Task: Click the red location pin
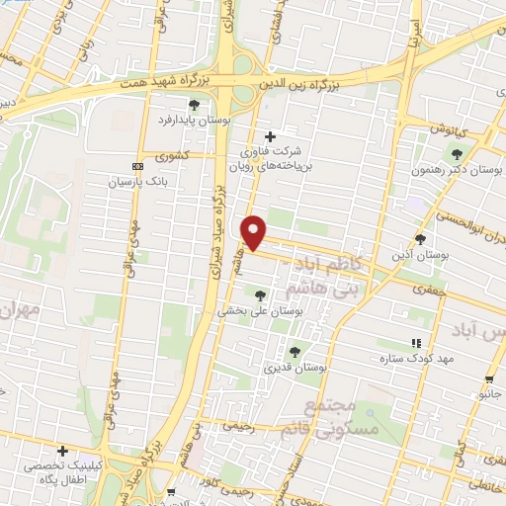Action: coord(254,231)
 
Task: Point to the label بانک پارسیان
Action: coord(133,183)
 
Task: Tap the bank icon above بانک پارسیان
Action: coord(136,166)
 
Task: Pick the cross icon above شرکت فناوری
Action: coord(272,136)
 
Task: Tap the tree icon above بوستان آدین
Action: coord(420,239)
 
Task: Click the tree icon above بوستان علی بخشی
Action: coord(260,295)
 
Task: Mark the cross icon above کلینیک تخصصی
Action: coord(63,450)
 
